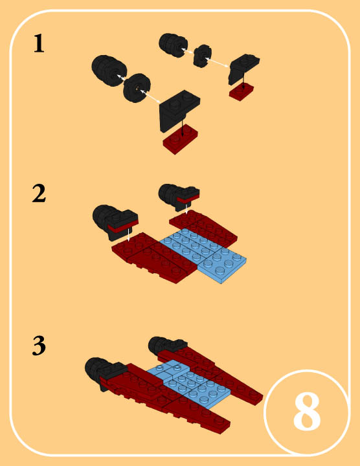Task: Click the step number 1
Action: click(39, 44)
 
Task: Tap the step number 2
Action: click(39, 194)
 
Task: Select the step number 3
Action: click(39, 346)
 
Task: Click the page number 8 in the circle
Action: click(307, 412)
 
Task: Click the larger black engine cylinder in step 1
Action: click(109, 71)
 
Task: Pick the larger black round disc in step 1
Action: click(137, 88)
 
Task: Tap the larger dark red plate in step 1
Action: click(181, 139)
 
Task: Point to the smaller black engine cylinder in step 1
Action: click(173, 45)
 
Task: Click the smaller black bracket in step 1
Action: click(243, 69)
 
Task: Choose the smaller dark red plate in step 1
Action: click(242, 91)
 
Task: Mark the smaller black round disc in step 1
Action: click(203, 56)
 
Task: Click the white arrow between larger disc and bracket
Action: click(150, 96)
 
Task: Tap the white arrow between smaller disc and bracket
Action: click(217, 62)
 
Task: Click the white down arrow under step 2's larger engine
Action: click(128, 235)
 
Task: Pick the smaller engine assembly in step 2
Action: click(179, 197)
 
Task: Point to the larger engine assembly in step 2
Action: click(116, 221)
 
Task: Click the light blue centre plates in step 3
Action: click(188, 384)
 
